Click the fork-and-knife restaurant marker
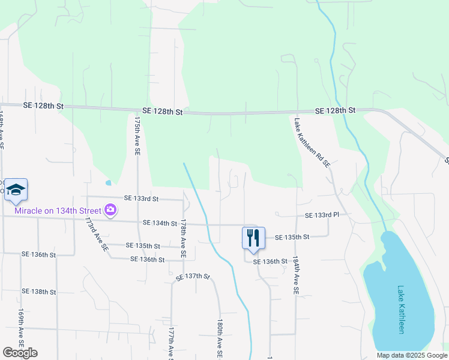point(253,238)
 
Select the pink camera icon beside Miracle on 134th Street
point(110,210)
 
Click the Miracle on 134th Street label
point(58,210)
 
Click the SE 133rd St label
point(141,198)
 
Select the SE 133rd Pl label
point(322,215)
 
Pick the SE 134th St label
point(160,223)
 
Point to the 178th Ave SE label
point(183,239)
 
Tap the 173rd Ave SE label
point(97,234)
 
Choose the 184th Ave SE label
point(295,275)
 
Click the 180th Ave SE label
point(220,339)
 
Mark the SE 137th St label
point(193,277)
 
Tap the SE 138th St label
point(38,292)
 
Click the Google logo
point(20,353)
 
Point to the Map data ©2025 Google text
point(412,355)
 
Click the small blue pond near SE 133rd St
point(108,182)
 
